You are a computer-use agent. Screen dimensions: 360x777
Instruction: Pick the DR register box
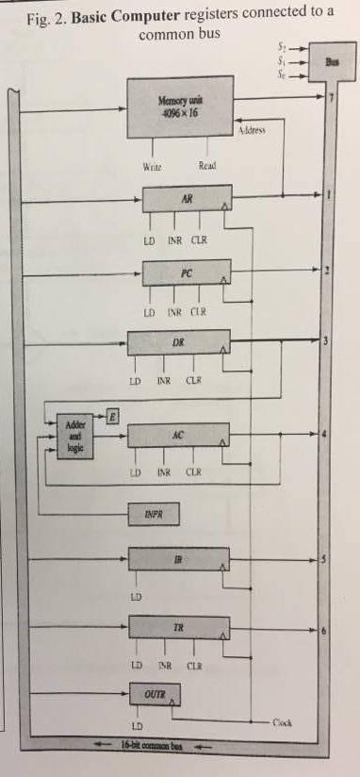point(178,344)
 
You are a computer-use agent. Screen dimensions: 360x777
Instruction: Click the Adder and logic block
point(74,436)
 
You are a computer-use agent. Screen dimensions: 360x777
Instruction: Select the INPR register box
point(153,514)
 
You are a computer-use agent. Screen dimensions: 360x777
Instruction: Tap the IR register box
point(178,559)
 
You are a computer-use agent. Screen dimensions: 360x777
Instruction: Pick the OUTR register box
point(153,696)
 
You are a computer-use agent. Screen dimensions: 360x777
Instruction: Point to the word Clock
point(282,723)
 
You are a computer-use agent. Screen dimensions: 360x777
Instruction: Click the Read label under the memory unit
point(208,166)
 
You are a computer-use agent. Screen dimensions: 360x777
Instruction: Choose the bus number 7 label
point(330,97)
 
